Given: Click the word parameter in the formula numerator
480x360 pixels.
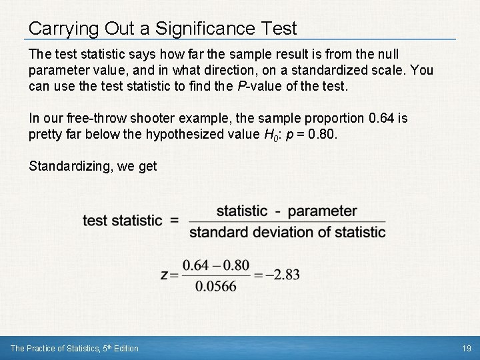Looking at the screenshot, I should coord(322,211).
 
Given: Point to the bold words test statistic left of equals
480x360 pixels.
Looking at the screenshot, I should coord(123,221).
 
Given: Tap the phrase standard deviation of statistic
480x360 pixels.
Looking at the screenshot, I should coord(287,232).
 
